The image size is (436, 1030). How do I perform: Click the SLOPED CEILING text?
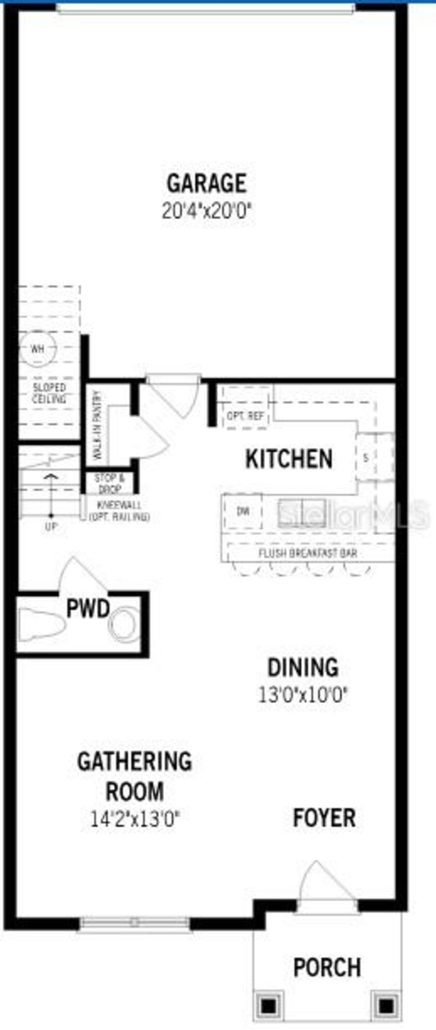pyautogui.click(x=49, y=393)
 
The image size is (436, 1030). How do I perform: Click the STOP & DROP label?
pyautogui.click(x=109, y=484)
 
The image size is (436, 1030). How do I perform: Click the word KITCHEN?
pyautogui.click(x=289, y=459)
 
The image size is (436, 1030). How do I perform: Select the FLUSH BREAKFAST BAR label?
pyautogui.click(x=308, y=553)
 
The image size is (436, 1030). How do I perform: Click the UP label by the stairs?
pyautogui.click(x=51, y=527)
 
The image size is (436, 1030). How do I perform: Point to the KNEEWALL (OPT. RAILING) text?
pyautogui.click(x=119, y=511)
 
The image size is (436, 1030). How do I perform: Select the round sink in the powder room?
pyautogui.click(x=125, y=624)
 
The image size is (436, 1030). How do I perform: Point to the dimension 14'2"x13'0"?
pyautogui.click(x=134, y=819)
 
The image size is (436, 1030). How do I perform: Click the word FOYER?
pyautogui.click(x=324, y=818)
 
